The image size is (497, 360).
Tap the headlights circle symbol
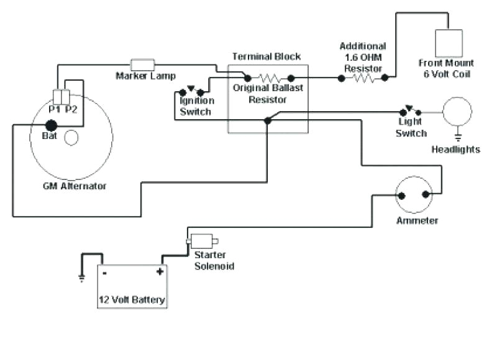tap(457, 112)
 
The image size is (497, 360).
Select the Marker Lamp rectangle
tap(142, 64)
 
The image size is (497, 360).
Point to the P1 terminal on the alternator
tap(58, 97)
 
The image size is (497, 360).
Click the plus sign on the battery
tap(160, 271)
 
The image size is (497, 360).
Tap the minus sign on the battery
tap(105, 272)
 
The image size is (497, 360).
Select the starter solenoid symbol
tap(201, 241)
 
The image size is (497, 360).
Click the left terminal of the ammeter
tap(402, 196)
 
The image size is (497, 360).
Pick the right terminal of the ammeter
tap(427, 196)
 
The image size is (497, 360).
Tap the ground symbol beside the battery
tap(81, 277)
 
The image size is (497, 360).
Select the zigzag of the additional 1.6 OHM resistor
tap(363, 78)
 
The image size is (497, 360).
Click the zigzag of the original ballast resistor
tap(268, 78)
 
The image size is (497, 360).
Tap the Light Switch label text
tap(411, 128)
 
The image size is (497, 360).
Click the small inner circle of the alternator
tap(71, 137)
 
